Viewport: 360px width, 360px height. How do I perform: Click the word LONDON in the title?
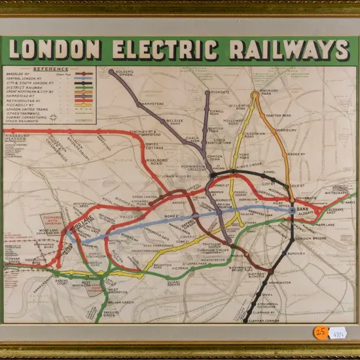[55, 50]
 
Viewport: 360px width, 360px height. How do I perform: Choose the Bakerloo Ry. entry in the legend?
[20, 75]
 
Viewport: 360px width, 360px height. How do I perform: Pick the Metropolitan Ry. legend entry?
[25, 101]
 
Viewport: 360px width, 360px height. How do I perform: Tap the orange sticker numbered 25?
[320, 332]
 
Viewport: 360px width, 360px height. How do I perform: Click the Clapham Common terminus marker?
[246, 320]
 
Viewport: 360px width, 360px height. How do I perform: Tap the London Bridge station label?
[315, 238]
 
